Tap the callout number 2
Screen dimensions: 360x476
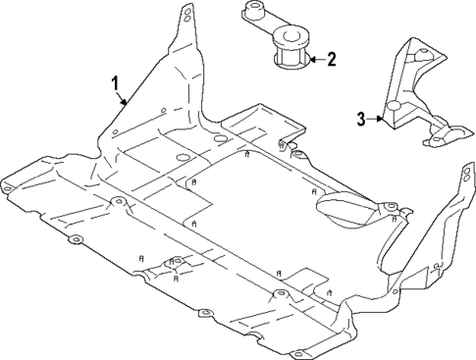[331, 60]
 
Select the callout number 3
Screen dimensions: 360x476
[360, 120]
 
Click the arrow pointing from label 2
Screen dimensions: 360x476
[313, 60]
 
